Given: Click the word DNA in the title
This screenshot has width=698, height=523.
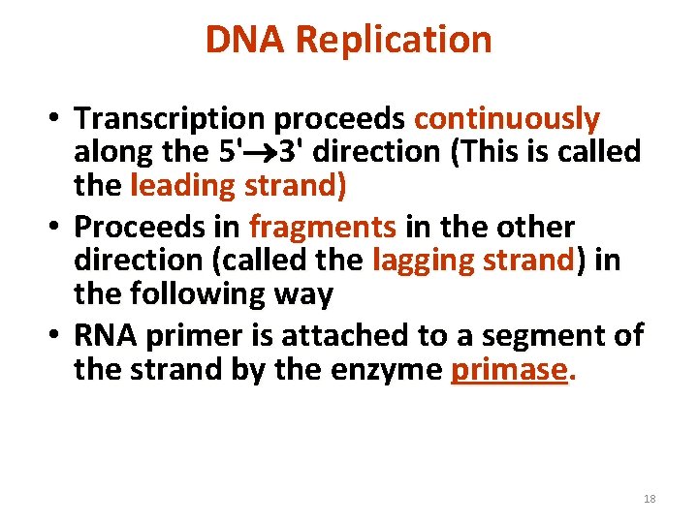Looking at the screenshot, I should pos(245,40).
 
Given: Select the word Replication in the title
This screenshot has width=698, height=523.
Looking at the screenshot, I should pos(394,40).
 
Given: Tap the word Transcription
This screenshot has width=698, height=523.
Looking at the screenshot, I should pos(172,119).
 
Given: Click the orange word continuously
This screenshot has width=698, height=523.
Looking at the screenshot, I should pos(507,119).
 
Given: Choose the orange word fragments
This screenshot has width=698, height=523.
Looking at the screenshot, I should pos(323,228).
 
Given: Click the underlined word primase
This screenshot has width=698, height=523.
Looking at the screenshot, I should pos(509,369).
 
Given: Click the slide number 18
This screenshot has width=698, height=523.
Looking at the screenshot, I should pos(650,499).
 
